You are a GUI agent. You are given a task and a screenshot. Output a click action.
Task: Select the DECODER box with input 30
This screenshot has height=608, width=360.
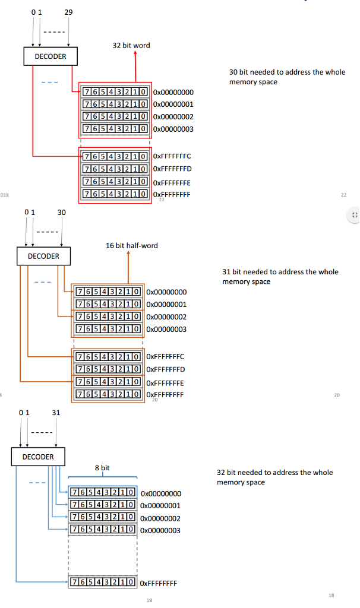tap(43, 256)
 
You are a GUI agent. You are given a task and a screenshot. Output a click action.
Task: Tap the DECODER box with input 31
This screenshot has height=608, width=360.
tap(38, 457)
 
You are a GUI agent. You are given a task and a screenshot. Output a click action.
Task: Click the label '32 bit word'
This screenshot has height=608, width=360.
tap(131, 45)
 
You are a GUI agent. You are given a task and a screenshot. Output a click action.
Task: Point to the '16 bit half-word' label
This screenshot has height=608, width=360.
tap(132, 245)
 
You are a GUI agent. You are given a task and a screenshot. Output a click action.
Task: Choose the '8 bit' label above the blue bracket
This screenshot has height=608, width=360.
tap(102, 468)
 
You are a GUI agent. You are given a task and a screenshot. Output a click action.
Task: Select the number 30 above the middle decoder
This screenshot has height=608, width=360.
tap(62, 212)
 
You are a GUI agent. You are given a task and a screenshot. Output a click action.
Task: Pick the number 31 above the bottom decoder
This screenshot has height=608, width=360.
tap(56, 412)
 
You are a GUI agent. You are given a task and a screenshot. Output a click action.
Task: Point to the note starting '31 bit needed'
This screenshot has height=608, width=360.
tap(280, 276)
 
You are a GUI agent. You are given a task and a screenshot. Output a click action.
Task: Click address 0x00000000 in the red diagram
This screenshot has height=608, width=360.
tap(173, 93)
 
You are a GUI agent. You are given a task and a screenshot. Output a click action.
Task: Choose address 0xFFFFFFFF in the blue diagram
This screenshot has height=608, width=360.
tap(159, 583)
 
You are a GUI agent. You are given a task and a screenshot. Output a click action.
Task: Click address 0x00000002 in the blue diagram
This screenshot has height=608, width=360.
tap(160, 518)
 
